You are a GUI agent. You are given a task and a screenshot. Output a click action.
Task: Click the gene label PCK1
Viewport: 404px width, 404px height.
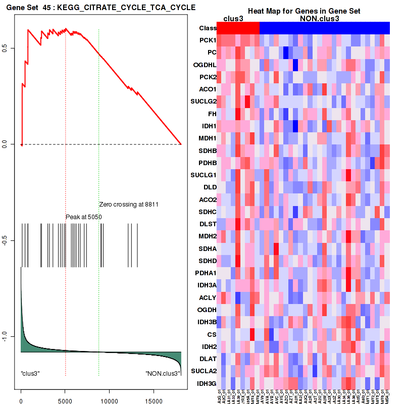pos(208,40)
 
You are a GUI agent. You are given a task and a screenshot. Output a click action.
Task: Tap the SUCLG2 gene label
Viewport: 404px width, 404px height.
pos(204,101)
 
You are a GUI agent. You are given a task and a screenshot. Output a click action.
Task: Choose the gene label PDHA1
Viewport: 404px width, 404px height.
pos(206,273)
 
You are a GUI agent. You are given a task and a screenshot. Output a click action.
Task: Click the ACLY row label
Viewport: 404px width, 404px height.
pos(208,297)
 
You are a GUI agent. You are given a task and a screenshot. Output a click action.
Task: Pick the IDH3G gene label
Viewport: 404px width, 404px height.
pos(207,383)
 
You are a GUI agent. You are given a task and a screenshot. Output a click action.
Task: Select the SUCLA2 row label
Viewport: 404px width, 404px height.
pos(204,371)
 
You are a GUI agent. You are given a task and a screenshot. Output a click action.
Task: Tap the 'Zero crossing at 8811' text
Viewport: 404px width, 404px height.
pos(129,205)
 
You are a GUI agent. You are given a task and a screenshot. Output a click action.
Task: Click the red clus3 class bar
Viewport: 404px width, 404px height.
pos(237,28)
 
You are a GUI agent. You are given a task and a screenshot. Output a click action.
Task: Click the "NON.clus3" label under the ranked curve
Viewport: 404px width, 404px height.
pos(162,373)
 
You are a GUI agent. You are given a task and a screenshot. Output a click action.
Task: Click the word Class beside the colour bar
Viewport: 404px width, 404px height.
pos(208,28)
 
